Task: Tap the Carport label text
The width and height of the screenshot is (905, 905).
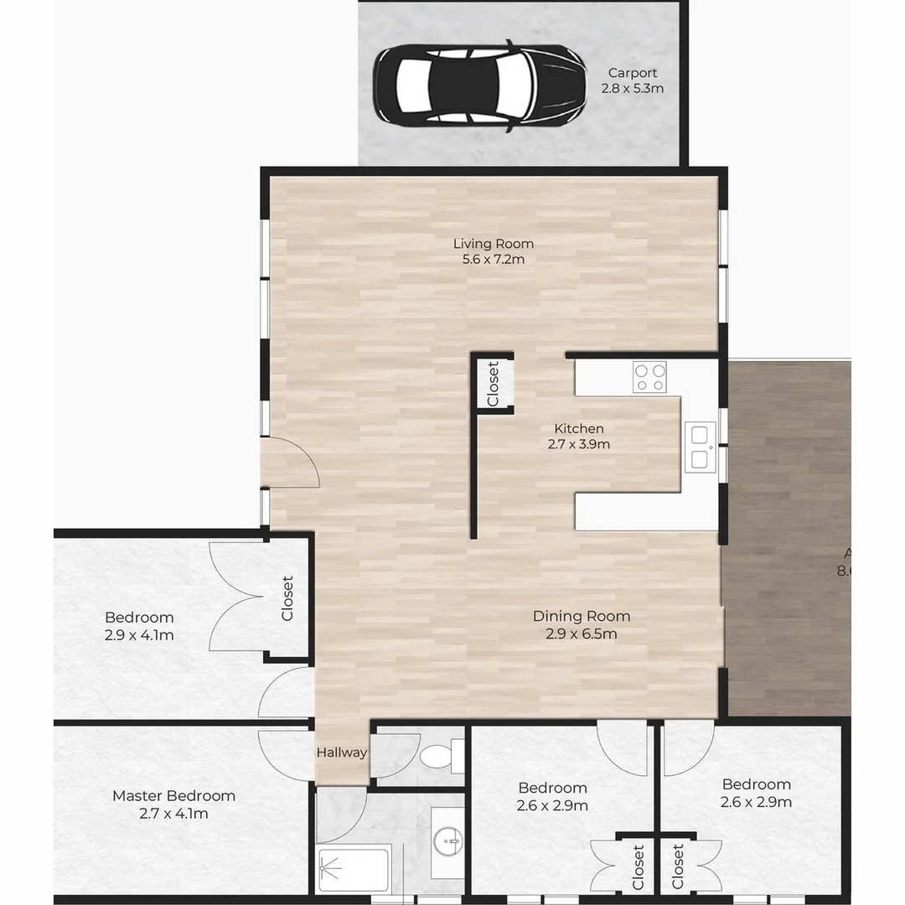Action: [x=633, y=73]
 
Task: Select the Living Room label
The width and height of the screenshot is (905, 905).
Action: [x=494, y=244]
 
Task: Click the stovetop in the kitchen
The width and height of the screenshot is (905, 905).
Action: [x=649, y=376]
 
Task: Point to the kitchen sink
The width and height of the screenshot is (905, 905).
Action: [x=700, y=447]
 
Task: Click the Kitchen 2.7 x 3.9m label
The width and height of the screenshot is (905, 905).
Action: [x=578, y=437]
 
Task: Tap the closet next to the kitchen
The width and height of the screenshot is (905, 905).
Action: [x=494, y=384]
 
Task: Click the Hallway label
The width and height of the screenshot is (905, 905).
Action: [x=342, y=752]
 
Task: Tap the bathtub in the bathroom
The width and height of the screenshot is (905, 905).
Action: [x=354, y=870]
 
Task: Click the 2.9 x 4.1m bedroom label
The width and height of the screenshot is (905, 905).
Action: [x=139, y=626]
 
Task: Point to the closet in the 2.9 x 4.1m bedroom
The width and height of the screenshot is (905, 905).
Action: [x=288, y=597]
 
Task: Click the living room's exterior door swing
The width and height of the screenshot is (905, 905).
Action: [x=291, y=463]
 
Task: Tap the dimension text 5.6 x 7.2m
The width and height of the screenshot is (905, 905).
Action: [x=494, y=260]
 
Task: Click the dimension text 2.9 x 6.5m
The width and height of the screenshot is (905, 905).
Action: [x=582, y=634]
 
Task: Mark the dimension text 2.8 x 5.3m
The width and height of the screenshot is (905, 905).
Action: [x=633, y=88]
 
